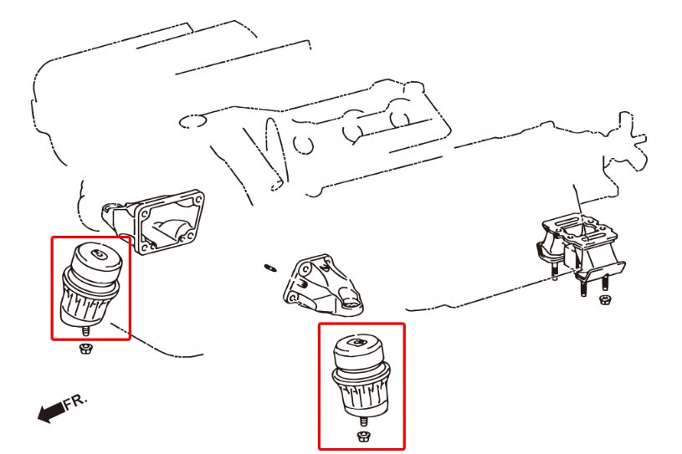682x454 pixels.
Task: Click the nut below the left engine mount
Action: (85, 348)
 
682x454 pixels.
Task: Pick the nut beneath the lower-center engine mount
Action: (362, 436)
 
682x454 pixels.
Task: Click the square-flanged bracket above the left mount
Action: (162, 222)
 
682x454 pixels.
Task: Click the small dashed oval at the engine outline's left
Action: (192, 123)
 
